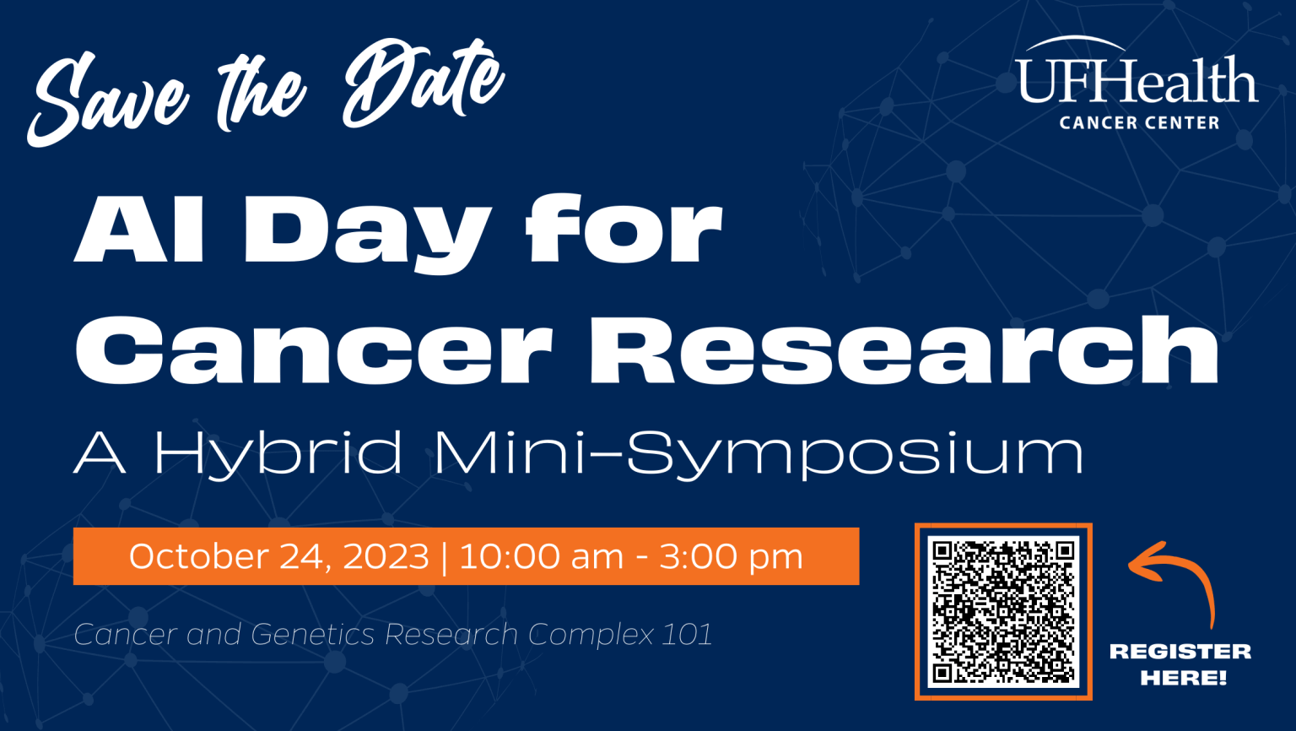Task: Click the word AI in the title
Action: coord(140,230)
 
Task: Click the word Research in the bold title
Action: coord(904,349)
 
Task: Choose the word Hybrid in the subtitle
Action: coord(278,454)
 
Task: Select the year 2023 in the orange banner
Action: coord(386,556)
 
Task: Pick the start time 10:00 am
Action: coord(541,556)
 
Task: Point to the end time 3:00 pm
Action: coord(731,556)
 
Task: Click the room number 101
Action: coord(687,634)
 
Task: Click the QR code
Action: coord(1003,611)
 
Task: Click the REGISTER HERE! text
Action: coord(1181,663)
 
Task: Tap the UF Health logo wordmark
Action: coord(1137,81)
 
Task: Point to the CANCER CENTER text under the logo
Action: coord(1139,123)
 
